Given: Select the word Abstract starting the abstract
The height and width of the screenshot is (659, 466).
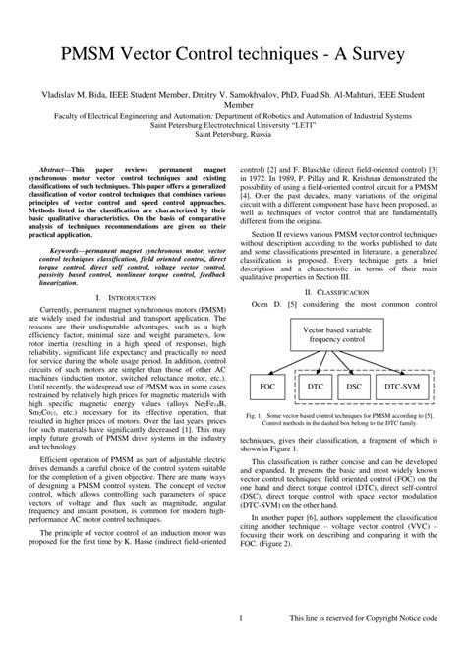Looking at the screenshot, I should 55,170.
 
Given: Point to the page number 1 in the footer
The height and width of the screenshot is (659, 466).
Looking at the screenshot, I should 240,644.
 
